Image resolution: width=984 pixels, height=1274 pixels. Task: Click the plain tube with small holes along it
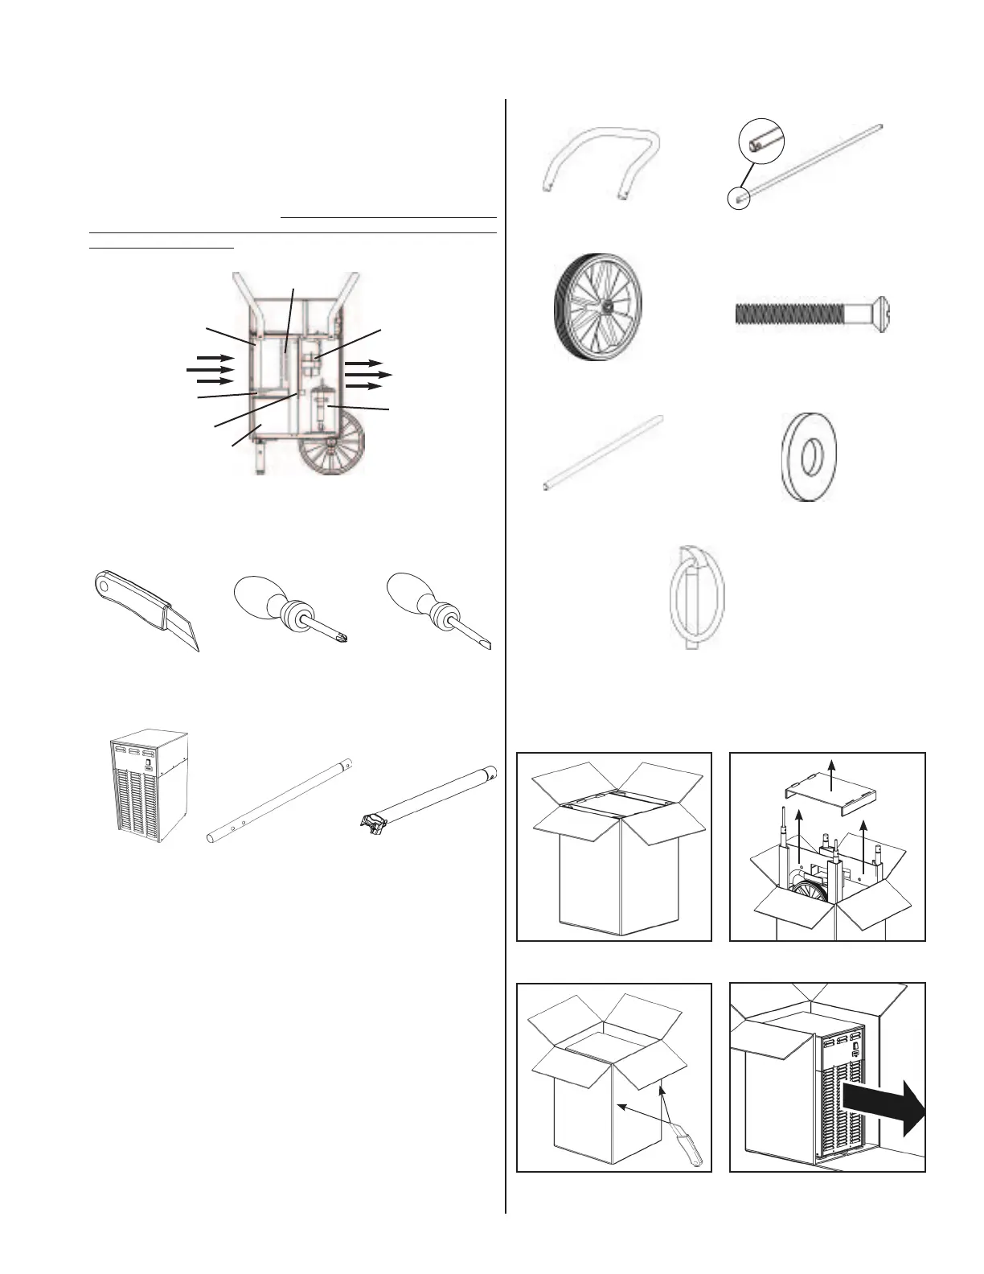[x=281, y=799]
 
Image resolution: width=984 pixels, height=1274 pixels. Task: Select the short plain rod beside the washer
[x=604, y=453]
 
